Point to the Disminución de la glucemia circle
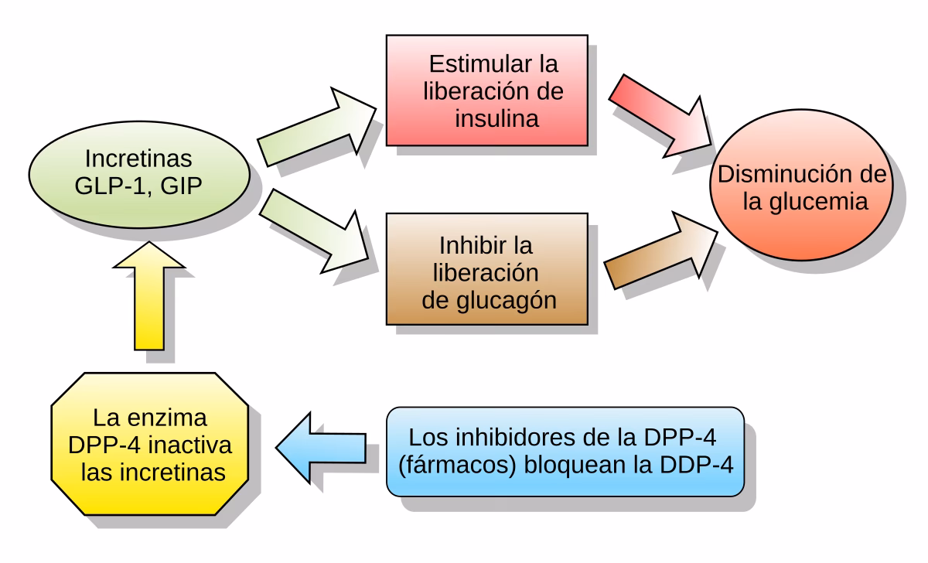coord(801,189)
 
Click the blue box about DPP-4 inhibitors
coord(565,451)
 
